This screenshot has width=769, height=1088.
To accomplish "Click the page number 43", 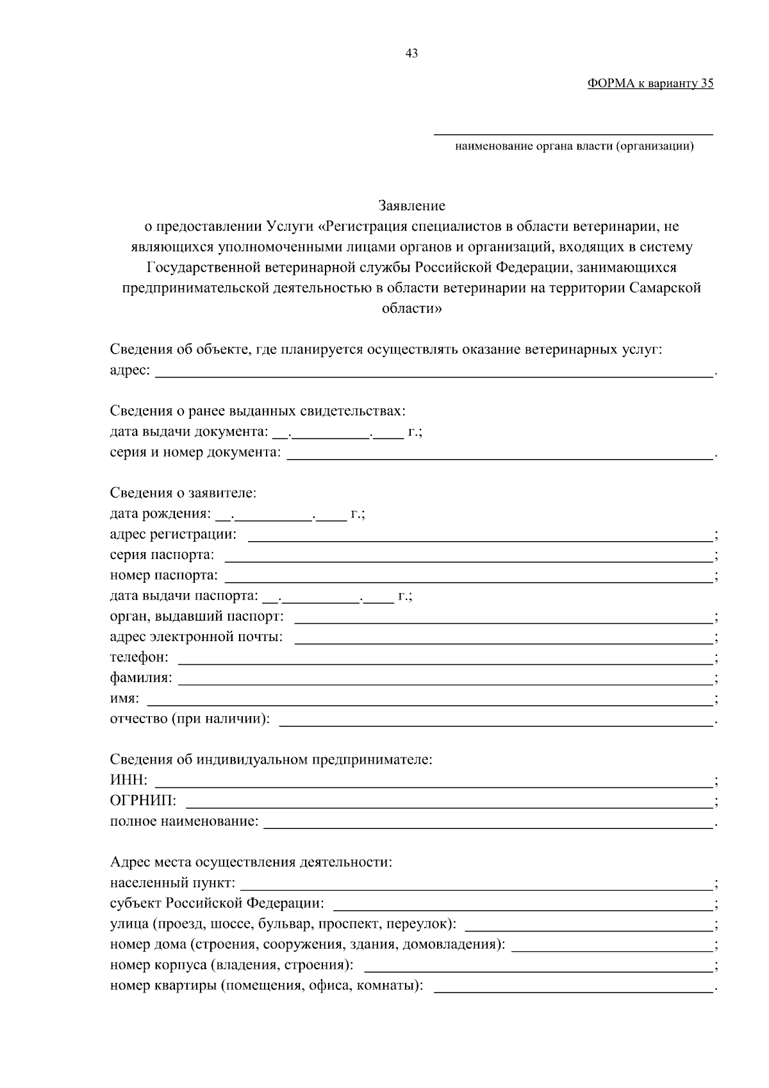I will point(412,54).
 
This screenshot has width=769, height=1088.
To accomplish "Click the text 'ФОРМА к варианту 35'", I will point(650,83).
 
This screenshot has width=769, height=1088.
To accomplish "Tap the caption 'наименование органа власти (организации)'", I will point(574,147).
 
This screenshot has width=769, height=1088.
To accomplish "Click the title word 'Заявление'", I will point(411,206).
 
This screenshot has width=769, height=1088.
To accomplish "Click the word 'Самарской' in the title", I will point(665,288).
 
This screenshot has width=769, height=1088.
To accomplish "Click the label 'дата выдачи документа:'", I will point(189,432).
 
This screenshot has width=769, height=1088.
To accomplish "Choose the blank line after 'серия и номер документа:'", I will point(500,454).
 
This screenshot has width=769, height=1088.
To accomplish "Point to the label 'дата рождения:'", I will point(160,514).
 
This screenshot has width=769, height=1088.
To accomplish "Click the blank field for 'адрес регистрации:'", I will point(481,536).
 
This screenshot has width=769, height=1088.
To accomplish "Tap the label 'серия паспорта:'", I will point(162,555).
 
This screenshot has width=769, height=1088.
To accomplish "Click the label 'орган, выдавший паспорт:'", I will point(197,617).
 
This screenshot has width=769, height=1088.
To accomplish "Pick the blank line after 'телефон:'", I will point(445,659).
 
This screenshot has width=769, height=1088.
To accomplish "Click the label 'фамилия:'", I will point(141,678).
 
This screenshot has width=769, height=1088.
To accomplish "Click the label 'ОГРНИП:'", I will point(143,801).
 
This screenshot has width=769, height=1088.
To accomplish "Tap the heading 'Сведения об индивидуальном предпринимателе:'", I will point(271,760).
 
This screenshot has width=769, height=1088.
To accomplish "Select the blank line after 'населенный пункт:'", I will point(475,885).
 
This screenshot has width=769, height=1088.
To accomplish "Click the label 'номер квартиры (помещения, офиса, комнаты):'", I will point(267,985).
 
